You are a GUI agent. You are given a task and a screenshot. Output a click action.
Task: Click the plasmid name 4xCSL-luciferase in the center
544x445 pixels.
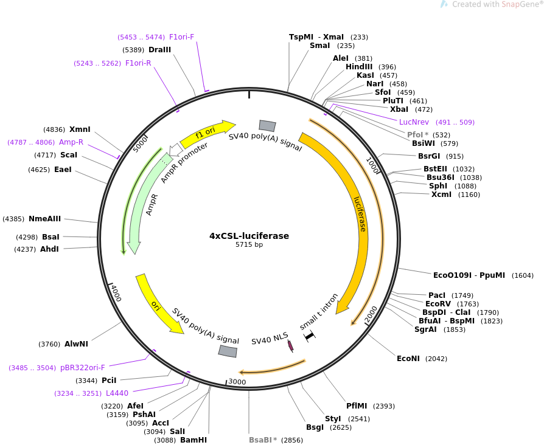pyautogui.click(x=249, y=236)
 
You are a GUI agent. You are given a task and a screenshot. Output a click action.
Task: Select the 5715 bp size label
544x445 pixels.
pyautogui.click(x=249, y=245)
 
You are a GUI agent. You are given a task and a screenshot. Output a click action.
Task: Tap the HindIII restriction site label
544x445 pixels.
pyautogui.click(x=358, y=67)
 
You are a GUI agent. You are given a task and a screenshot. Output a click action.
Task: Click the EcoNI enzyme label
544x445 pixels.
pyautogui.click(x=408, y=359)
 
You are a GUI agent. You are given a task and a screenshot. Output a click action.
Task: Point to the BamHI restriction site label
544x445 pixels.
pyautogui.click(x=194, y=440)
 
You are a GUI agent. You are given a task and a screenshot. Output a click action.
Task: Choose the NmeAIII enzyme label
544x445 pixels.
pyautogui.click(x=44, y=219)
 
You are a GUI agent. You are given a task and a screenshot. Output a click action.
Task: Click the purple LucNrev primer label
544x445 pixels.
pyautogui.click(x=414, y=122)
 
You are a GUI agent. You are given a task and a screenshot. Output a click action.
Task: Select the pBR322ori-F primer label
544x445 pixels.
pyautogui.click(x=83, y=368)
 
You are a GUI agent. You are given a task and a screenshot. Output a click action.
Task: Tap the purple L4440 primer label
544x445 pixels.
pyautogui.click(x=117, y=393)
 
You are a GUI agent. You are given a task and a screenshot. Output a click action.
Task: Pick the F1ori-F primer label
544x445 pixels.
pyautogui.click(x=181, y=37)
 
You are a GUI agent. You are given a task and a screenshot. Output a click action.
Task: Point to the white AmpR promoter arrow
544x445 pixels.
pyautogui.click(x=176, y=149)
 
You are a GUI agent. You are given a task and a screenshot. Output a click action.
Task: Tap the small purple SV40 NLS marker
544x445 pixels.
pyautogui.click(x=291, y=346)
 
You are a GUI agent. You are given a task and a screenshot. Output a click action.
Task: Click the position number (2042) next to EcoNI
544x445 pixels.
pyautogui.click(x=436, y=359)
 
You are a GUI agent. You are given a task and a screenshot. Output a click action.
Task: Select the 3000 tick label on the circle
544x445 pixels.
pyautogui.click(x=237, y=382)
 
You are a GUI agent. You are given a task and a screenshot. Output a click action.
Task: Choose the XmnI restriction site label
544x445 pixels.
pyautogui.click(x=80, y=129)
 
